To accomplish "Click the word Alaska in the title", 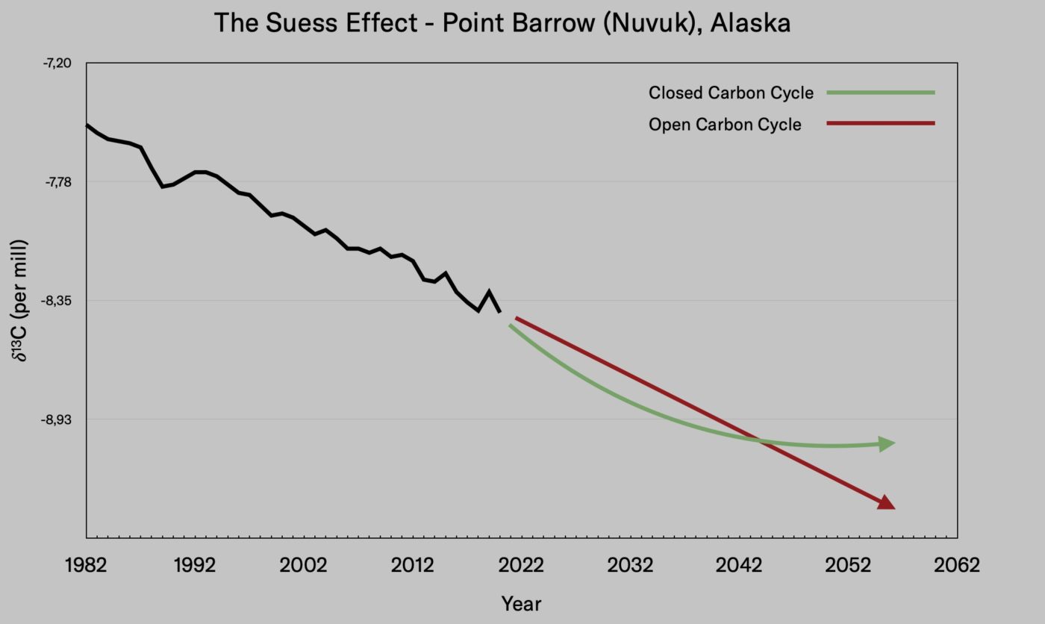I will coord(750,23).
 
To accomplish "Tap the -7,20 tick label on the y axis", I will coord(58,63).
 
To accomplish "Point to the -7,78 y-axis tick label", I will coord(58,182).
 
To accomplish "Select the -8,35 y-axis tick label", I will coord(58,301).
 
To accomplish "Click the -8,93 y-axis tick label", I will coord(58,419).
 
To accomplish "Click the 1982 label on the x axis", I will coord(86,565).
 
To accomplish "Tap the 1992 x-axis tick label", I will coord(195,565).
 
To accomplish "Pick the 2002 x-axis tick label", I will coord(303,565).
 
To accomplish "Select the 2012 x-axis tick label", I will coord(412,565).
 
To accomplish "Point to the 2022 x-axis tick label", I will coord(521,565).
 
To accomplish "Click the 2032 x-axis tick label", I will coord(630,565).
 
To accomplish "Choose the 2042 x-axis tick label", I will coord(739,565).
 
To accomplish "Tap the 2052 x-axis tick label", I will coord(848,565).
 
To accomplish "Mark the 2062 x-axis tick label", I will coord(957,565).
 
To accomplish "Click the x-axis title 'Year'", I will coord(521,603).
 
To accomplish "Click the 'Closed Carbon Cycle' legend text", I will coord(731,93).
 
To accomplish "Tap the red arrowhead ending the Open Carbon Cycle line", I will coord(886,502).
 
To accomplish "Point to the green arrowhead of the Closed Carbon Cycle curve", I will coord(887,444).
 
